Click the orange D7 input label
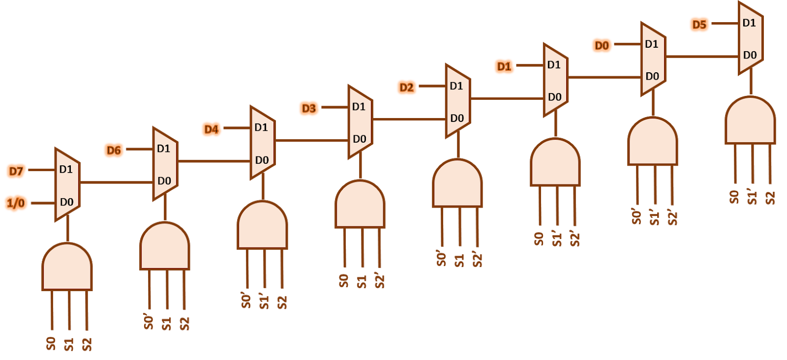pyautogui.click(x=16, y=171)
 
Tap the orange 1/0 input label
pyautogui.click(x=16, y=203)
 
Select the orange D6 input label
pyautogui.click(x=114, y=150)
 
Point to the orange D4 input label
pyautogui.click(x=211, y=129)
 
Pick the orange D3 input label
pyautogui.click(x=309, y=108)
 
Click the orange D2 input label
pyautogui.click(x=406, y=88)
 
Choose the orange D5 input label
pyautogui.click(x=699, y=25)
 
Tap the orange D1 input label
pyautogui.click(x=504, y=66)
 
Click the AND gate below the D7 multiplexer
pyautogui.click(x=67, y=267)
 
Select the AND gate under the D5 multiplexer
pyautogui.click(x=750, y=121)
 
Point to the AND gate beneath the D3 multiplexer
pyautogui.click(x=360, y=205)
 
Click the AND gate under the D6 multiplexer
pyautogui.click(x=165, y=246)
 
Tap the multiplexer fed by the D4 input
pyautogui.click(x=262, y=143)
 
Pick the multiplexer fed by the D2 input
pyautogui.click(x=457, y=101)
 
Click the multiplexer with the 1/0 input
pyautogui.click(x=67, y=184)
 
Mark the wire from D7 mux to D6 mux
pyautogui.click(x=116, y=182)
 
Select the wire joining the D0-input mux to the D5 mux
pyautogui.click(x=702, y=57)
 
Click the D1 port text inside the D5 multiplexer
pyautogui.click(x=749, y=23)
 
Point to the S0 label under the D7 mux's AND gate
pyautogui.click(x=51, y=343)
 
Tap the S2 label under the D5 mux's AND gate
pyautogui.click(x=770, y=197)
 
